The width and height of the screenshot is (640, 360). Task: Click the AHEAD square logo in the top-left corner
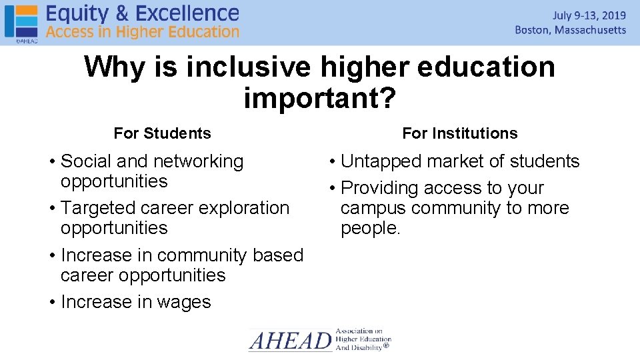21,21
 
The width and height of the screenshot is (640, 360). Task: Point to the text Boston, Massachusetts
571,30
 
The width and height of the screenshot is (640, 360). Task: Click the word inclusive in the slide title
248,67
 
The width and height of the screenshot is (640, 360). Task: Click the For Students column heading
162,133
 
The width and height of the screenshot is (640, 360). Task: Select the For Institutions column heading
459,133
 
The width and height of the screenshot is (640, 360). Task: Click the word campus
373,208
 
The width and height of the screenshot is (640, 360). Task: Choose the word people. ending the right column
371,228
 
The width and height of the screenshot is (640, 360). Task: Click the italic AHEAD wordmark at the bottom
290,341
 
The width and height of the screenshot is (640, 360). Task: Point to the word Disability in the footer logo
365,347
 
